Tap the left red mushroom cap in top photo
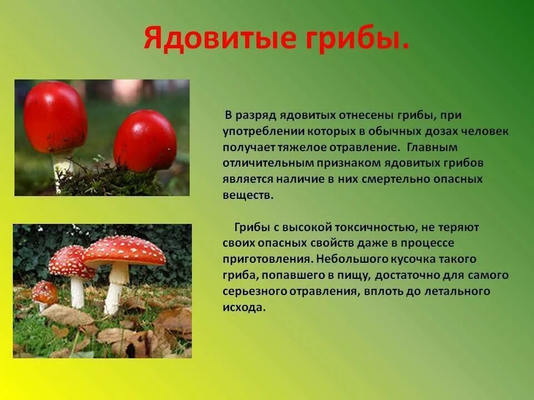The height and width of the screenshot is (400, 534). pos(55,117)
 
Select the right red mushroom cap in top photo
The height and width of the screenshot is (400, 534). pos(145,141)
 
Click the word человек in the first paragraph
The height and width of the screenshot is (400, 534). pos(485,132)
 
